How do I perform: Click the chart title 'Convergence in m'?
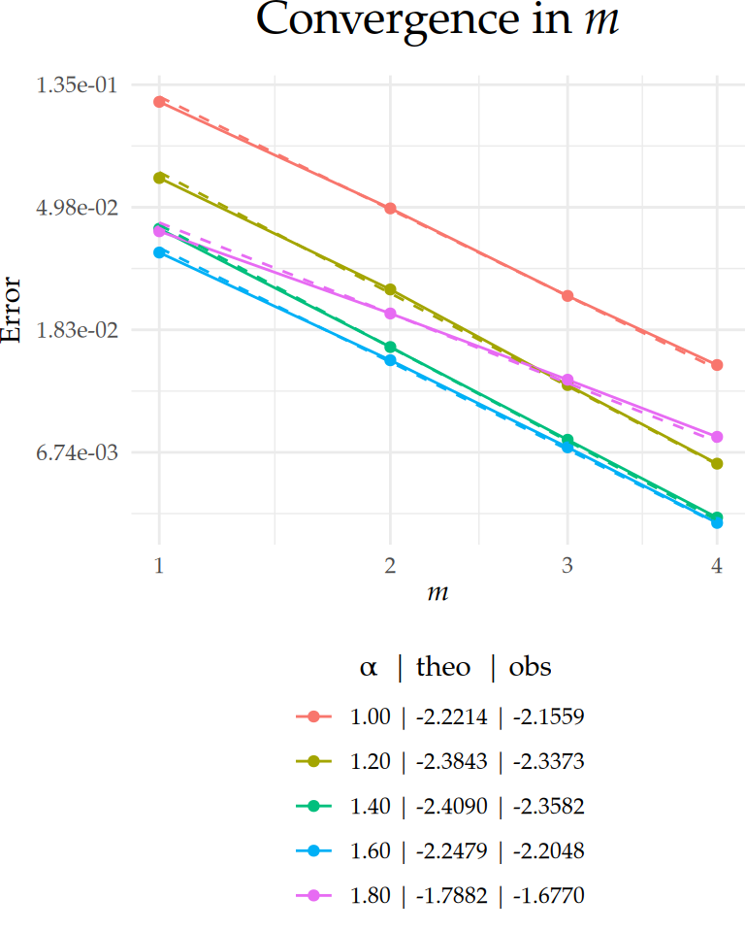click(437, 21)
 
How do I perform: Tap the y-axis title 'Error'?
click(12, 310)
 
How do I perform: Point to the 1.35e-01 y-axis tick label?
click(77, 85)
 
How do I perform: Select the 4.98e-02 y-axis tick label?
click(77, 208)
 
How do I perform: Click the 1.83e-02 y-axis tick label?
click(77, 330)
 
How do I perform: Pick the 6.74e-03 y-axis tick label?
click(77, 452)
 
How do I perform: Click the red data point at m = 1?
click(160, 101)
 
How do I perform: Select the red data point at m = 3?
click(567, 296)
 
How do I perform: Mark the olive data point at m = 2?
click(390, 289)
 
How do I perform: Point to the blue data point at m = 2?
click(390, 360)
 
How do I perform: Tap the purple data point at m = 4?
click(717, 437)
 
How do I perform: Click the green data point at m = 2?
click(390, 347)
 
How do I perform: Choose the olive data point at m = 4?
click(717, 464)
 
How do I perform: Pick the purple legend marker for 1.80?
click(313, 896)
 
